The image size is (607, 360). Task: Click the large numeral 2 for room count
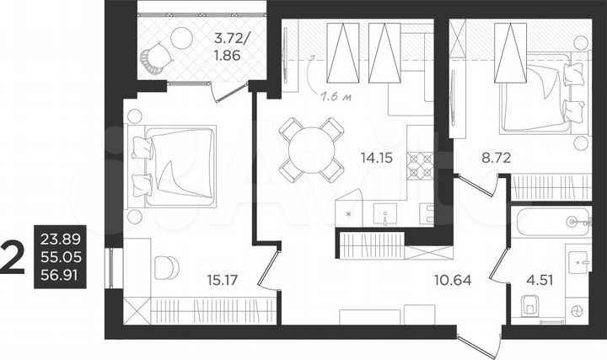pos(13,257)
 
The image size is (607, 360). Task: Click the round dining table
pos(311,149)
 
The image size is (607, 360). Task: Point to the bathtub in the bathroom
pos(551,221)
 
